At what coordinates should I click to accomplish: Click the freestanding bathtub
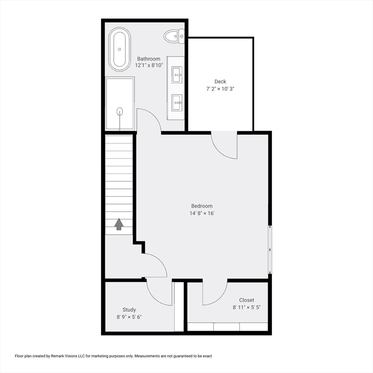tap(119, 49)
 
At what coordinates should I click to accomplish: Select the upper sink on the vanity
tap(177, 75)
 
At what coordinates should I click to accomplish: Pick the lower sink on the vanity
tap(177, 102)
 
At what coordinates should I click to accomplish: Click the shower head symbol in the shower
tap(119, 111)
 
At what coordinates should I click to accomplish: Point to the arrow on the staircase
tap(119, 224)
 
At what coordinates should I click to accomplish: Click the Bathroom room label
tap(149, 59)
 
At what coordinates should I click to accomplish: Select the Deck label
tap(220, 82)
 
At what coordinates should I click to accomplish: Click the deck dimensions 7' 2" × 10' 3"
tap(220, 89)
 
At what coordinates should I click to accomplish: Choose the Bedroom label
tap(202, 206)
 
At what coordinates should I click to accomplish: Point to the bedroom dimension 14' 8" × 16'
tap(202, 213)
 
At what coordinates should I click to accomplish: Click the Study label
tap(129, 310)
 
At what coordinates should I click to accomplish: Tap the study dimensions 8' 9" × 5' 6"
tap(129, 317)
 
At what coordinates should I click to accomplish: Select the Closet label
tap(246, 300)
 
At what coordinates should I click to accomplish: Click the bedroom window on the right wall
tap(270, 249)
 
